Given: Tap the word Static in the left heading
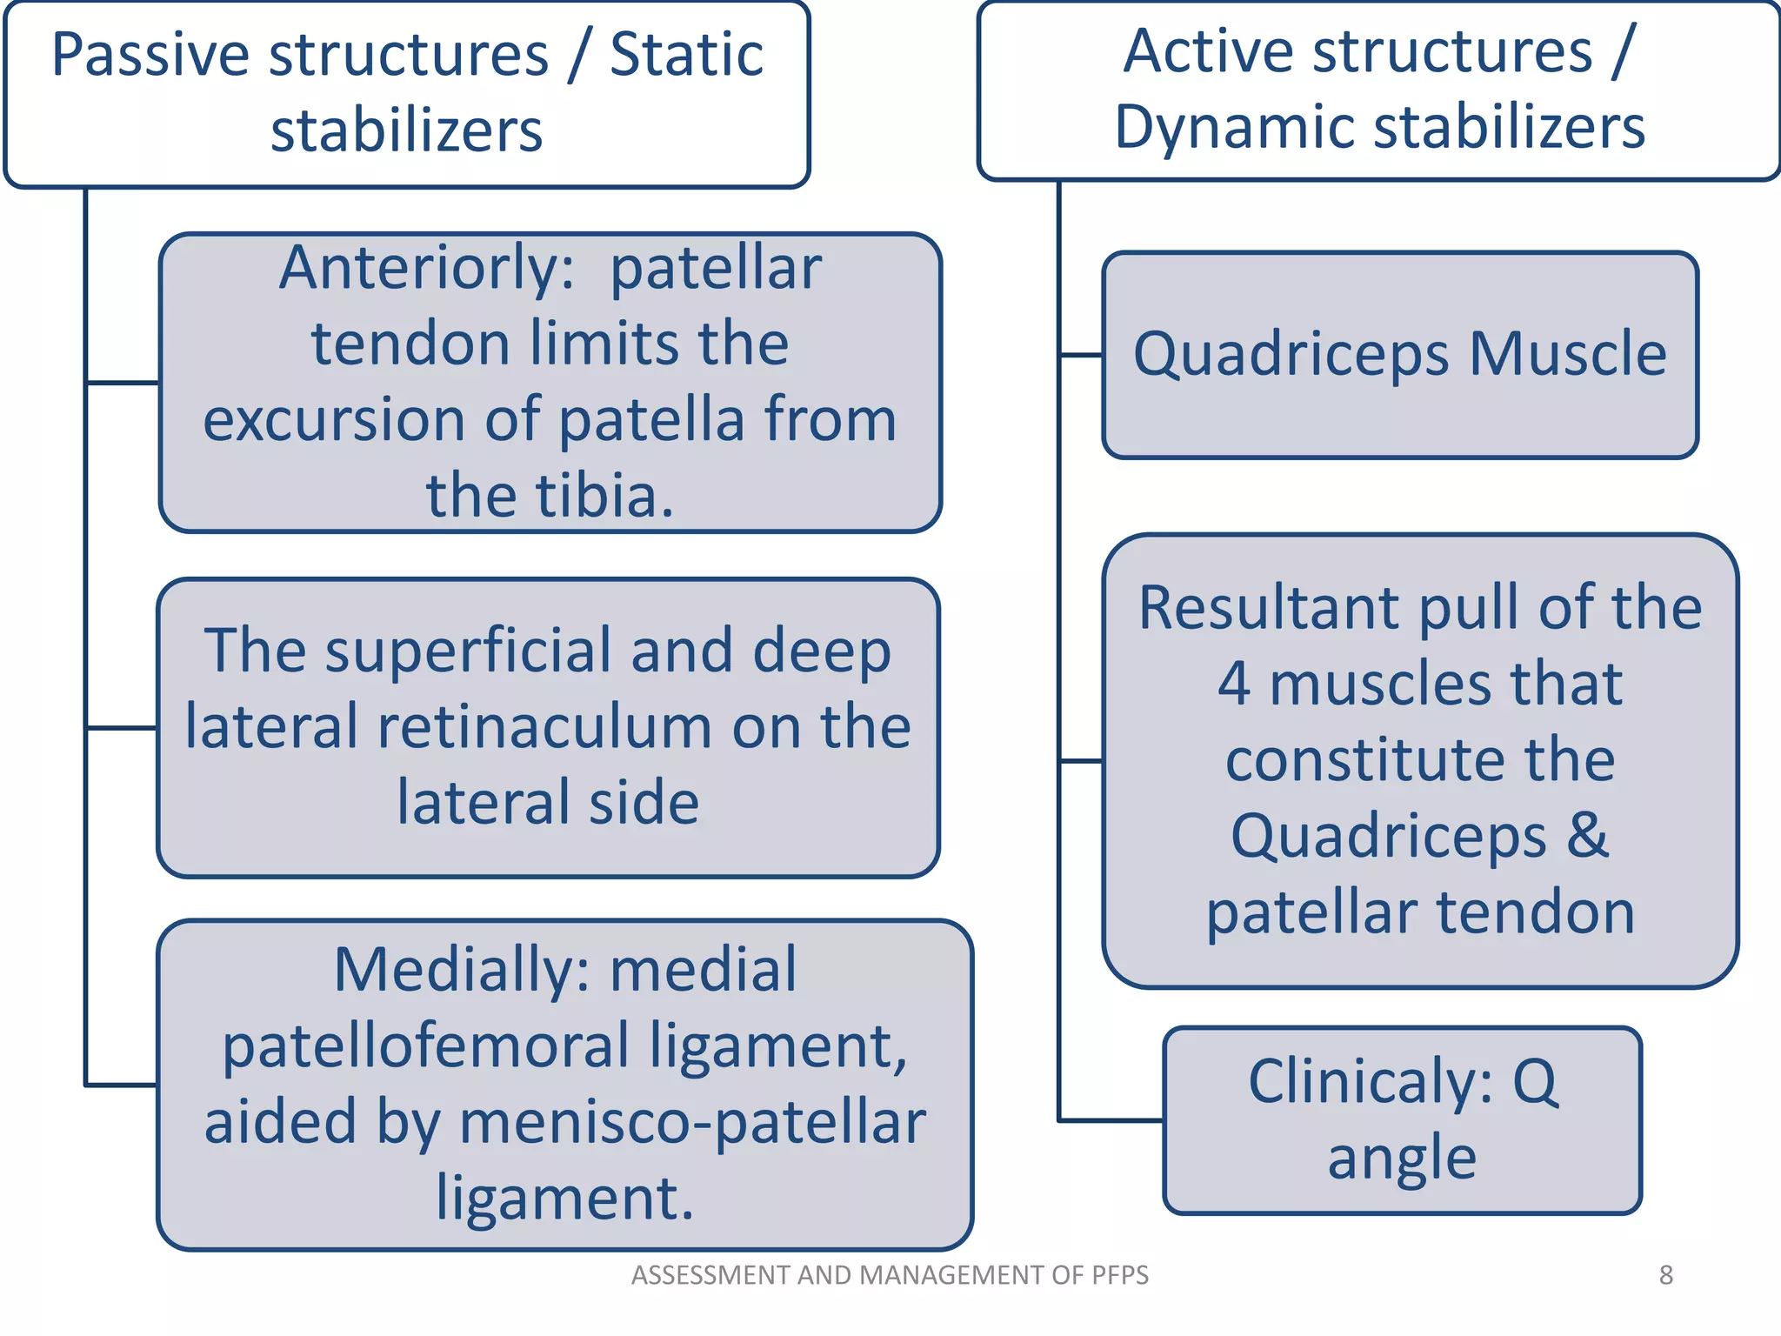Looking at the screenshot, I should pyautogui.click(x=686, y=55).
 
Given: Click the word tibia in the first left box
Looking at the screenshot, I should pyautogui.click(x=604, y=495).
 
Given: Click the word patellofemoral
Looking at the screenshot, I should pyautogui.click(x=426, y=1045).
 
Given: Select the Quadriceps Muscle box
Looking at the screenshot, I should pyautogui.click(x=1399, y=354).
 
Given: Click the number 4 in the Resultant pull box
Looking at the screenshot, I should pyautogui.click(x=1234, y=684).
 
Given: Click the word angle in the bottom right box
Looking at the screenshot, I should pyautogui.click(x=1402, y=1158).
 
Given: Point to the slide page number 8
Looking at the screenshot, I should pyautogui.click(x=1665, y=1275).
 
